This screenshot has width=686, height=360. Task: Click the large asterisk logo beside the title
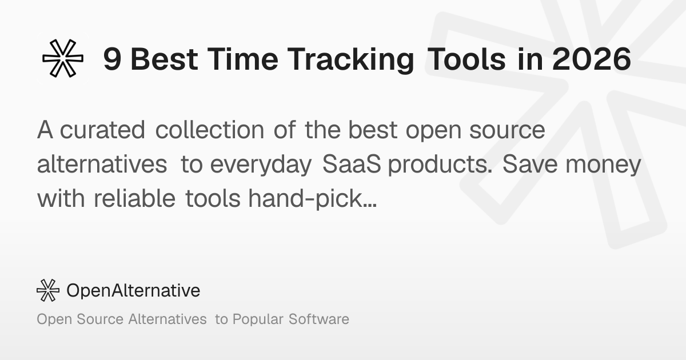(63, 58)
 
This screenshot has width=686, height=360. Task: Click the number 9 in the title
(112, 59)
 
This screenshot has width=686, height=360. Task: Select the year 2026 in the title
(592, 59)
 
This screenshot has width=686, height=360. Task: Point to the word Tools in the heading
(466, 59)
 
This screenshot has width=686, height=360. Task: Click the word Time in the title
(243, 59)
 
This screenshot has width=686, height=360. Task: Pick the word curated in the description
(102, 130)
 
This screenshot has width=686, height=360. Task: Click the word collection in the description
(210, 129)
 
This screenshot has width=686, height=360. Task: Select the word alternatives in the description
(102, 164)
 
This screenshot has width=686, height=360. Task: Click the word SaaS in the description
(352, 164)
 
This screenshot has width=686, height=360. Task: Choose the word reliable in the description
(134, 198)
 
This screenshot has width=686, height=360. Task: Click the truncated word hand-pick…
(312, 199)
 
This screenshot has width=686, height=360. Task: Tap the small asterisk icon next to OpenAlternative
(48, 290)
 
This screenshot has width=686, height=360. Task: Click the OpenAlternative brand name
(133, 290)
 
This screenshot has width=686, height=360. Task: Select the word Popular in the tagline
(258, 319)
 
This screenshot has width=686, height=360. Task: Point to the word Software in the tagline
(319, 319)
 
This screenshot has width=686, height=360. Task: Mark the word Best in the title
(164, 59)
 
